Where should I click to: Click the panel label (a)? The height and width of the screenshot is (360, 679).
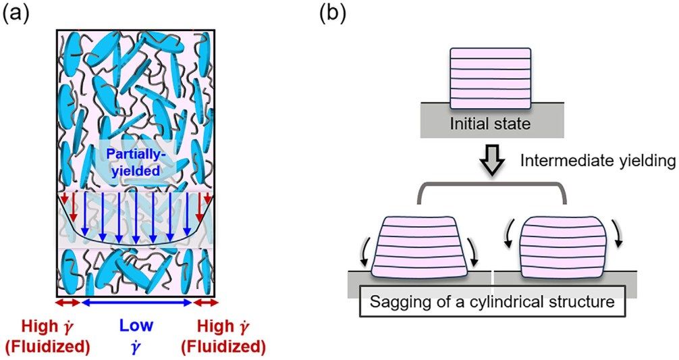click(16, 14)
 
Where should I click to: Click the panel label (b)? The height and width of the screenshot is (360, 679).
click(333, 14)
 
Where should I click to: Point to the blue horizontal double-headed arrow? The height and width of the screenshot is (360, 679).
click(136, 303)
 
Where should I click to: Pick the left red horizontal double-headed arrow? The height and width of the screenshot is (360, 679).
click(68, 303)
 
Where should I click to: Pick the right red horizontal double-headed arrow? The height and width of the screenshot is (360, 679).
click(205, 303)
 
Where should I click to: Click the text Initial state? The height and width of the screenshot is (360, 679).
click(490, 124)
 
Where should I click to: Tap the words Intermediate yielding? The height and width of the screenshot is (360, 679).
click(597, 161)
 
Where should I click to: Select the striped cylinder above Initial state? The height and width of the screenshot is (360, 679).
click(490, 78)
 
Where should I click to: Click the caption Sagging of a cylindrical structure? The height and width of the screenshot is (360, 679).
click(492, 301)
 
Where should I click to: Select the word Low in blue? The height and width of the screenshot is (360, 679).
click(136, 326)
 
